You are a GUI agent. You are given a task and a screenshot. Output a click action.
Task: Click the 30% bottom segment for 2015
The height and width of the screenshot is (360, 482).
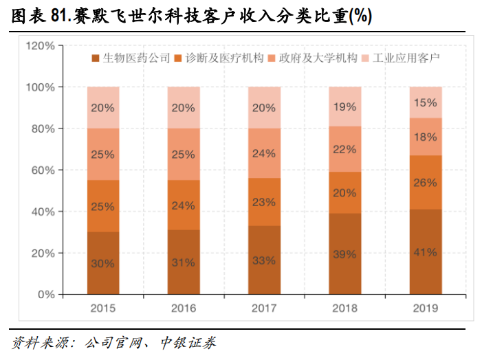pyautogui.click(x=103, y=262)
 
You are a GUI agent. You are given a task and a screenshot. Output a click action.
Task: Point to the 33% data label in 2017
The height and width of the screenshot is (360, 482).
pyautogui.click(x=264, y=260)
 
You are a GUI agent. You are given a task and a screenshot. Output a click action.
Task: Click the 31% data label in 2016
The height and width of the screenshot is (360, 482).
pyautogui.click(x=184, y=262)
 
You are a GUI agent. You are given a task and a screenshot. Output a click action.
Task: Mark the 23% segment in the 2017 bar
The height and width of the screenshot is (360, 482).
pyautogui.click(x=264, y=202)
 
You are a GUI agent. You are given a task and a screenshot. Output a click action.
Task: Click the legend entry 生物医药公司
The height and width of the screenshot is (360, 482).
pyautogui.click(x=131, y=58)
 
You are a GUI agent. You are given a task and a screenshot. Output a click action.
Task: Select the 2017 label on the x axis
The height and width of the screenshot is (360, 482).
pyautogui.click(x=264, y=308)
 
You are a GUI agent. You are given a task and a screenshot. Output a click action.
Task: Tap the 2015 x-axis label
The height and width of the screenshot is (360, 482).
pyautogui.click(x=103, y=308)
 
